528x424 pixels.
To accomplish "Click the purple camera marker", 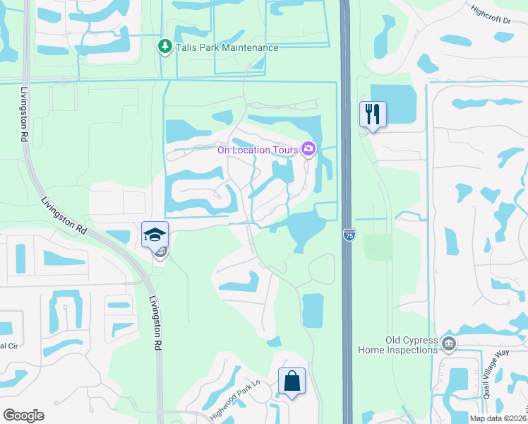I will (x=308, y=148).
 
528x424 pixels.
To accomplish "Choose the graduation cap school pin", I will (x=155, y=234).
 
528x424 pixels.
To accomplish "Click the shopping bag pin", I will (x=292, y=381).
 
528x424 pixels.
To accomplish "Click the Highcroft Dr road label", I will (x=491, y=16).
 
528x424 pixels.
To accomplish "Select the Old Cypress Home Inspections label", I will (x=412, y=345).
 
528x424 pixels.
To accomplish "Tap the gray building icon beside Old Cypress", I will (x=448, y=344).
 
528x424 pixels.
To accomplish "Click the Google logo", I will (x=23, y=416).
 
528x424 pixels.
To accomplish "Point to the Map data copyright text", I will (x=498, y=418).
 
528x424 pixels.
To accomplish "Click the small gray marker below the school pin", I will (x=161, y=252).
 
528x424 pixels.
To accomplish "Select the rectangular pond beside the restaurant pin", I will (x=393, y=104).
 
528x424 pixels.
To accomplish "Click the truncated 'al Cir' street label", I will (x=8, y=346).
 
